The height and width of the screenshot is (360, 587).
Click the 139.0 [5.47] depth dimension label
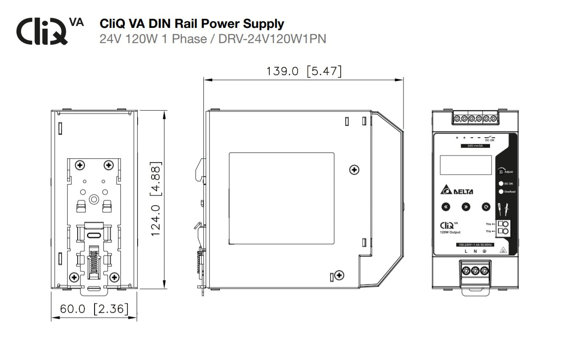(303, 71)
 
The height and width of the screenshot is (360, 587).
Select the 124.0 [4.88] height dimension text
(156, 198)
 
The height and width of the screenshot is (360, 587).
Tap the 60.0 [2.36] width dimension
(94, 309)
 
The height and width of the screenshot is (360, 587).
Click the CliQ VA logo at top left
(49, 30)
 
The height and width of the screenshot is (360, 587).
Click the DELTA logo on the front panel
(457, 190)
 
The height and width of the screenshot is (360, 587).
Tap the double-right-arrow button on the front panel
(465, 207)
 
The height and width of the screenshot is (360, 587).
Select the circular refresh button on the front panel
(486, 207)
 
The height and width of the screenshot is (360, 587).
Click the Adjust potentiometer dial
(501, 171)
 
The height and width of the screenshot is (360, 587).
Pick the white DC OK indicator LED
(501, 184)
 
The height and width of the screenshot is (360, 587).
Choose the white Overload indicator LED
(501, 192)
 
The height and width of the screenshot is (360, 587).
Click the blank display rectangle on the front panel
(465, 165)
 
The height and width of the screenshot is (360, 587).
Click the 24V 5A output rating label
(473, 146)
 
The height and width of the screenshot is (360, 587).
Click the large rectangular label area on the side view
(281, 198)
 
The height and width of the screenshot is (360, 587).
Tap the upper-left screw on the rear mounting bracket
(79, 164)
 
